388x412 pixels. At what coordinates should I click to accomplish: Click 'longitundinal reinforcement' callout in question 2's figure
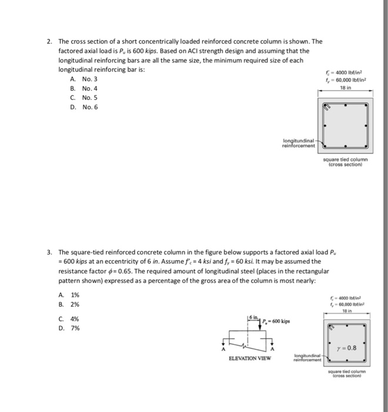pos(299,143)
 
